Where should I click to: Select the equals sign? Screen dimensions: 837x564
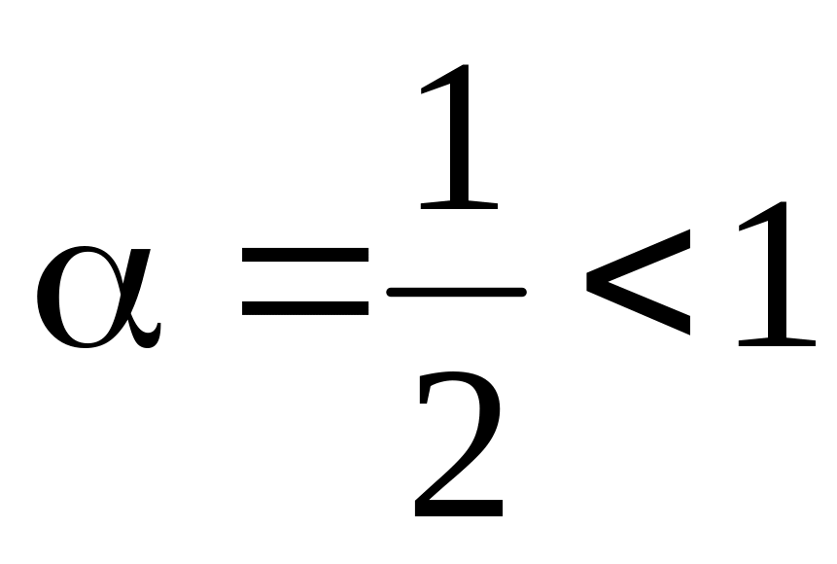pyautogui.click(x=304, y=282)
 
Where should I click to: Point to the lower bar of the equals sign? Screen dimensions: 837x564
pyautogui.click(x=304, y=308)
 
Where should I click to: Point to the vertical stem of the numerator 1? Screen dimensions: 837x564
pyautogui.click(x=461, y=136)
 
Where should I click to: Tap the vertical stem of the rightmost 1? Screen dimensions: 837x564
pyautogui.click(x=778, y=272)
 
